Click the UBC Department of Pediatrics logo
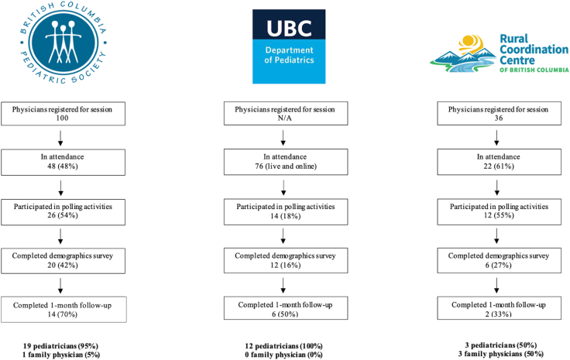(x=289, y=46)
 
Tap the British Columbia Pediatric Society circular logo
(x=64, y=43)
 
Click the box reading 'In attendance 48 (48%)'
(x=63, y=162)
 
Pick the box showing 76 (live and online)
(x=286, y=162)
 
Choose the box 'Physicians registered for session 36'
(x=499, y=114)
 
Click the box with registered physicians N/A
(x=286, y=114)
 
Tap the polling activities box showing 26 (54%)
(x=63, y=212)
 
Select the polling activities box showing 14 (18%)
(x=286, y=212)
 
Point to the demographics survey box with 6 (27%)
(x=499, y=260)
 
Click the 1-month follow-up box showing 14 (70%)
(x=64, y=310)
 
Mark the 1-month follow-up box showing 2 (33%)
(x=499, y=308)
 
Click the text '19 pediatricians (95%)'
(x=60, y=346)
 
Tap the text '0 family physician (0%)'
(x=283, y=355)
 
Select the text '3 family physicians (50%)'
(x=501, y=354)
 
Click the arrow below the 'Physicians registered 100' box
(x=60, y=138)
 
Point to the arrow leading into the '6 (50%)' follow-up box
(x=283, y=286)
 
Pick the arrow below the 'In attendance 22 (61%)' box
(x=496, y=187)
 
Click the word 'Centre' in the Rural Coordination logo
(x=517, y=60)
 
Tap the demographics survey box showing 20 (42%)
(x=63, y=260)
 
